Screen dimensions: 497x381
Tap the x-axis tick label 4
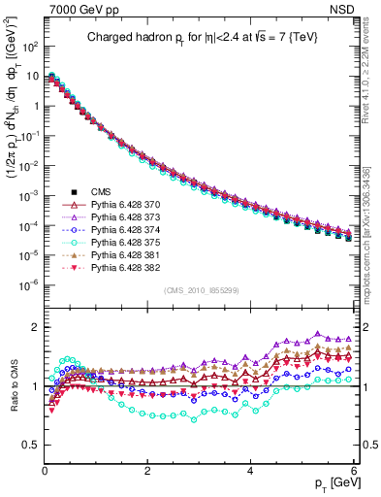point(250,469)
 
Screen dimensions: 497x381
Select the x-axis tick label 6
point(353,469)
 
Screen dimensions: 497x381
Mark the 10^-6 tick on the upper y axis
point(27,284)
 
